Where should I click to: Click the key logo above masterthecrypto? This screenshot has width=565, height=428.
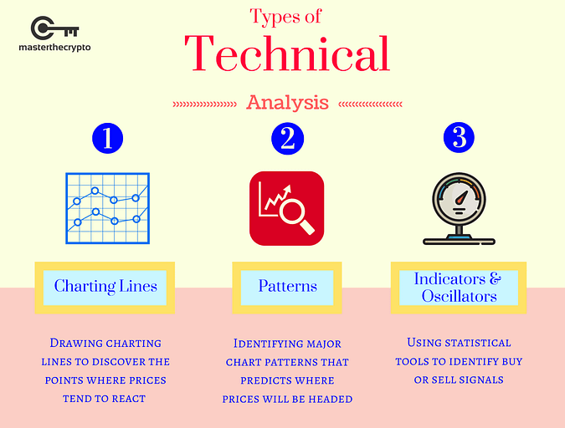(54, 28)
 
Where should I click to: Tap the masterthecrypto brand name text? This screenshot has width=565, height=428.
(54, 47)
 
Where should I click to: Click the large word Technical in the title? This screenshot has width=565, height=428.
(287, 54)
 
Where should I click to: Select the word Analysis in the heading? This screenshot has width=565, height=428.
(287, 103)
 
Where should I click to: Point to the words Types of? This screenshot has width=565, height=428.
(285, 17)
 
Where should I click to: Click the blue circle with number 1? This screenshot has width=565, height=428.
(107, 138)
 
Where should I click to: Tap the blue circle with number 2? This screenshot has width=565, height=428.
(288, 139)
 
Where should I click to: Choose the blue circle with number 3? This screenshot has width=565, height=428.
(459, 137)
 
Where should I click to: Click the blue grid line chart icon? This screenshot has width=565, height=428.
(107, 208)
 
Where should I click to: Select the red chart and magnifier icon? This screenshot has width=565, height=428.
(287, 208)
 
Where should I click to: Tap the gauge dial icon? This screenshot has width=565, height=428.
(459, 208)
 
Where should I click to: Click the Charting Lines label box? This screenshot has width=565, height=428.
(105, 288)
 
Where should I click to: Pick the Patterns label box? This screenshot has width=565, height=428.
(287, 288)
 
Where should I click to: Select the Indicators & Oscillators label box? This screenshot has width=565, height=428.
(459, 288)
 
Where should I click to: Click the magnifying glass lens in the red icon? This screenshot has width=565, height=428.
(293, 211)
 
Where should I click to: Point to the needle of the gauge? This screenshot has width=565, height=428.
(461, 197)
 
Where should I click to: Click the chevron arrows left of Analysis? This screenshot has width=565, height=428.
(204, 104)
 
